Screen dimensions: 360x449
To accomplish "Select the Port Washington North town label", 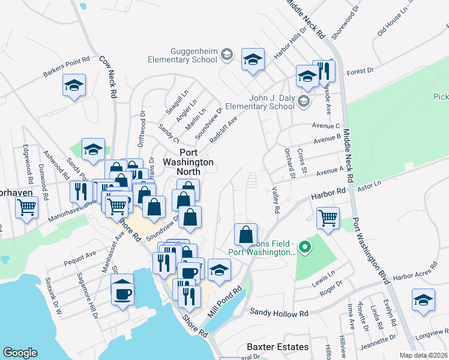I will click(188, 157).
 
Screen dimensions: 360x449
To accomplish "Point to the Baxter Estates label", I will click(277, 347).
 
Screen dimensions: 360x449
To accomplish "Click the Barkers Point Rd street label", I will click(66, 67).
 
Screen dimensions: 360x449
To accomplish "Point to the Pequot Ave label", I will click(79, 258).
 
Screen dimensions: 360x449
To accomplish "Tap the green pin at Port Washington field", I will click(304, 246).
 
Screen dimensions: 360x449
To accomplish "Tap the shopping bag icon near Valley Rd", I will click(246, 233).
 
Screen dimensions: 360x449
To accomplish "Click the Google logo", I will click(20, 353).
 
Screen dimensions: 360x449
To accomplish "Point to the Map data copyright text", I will click(423, 355).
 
